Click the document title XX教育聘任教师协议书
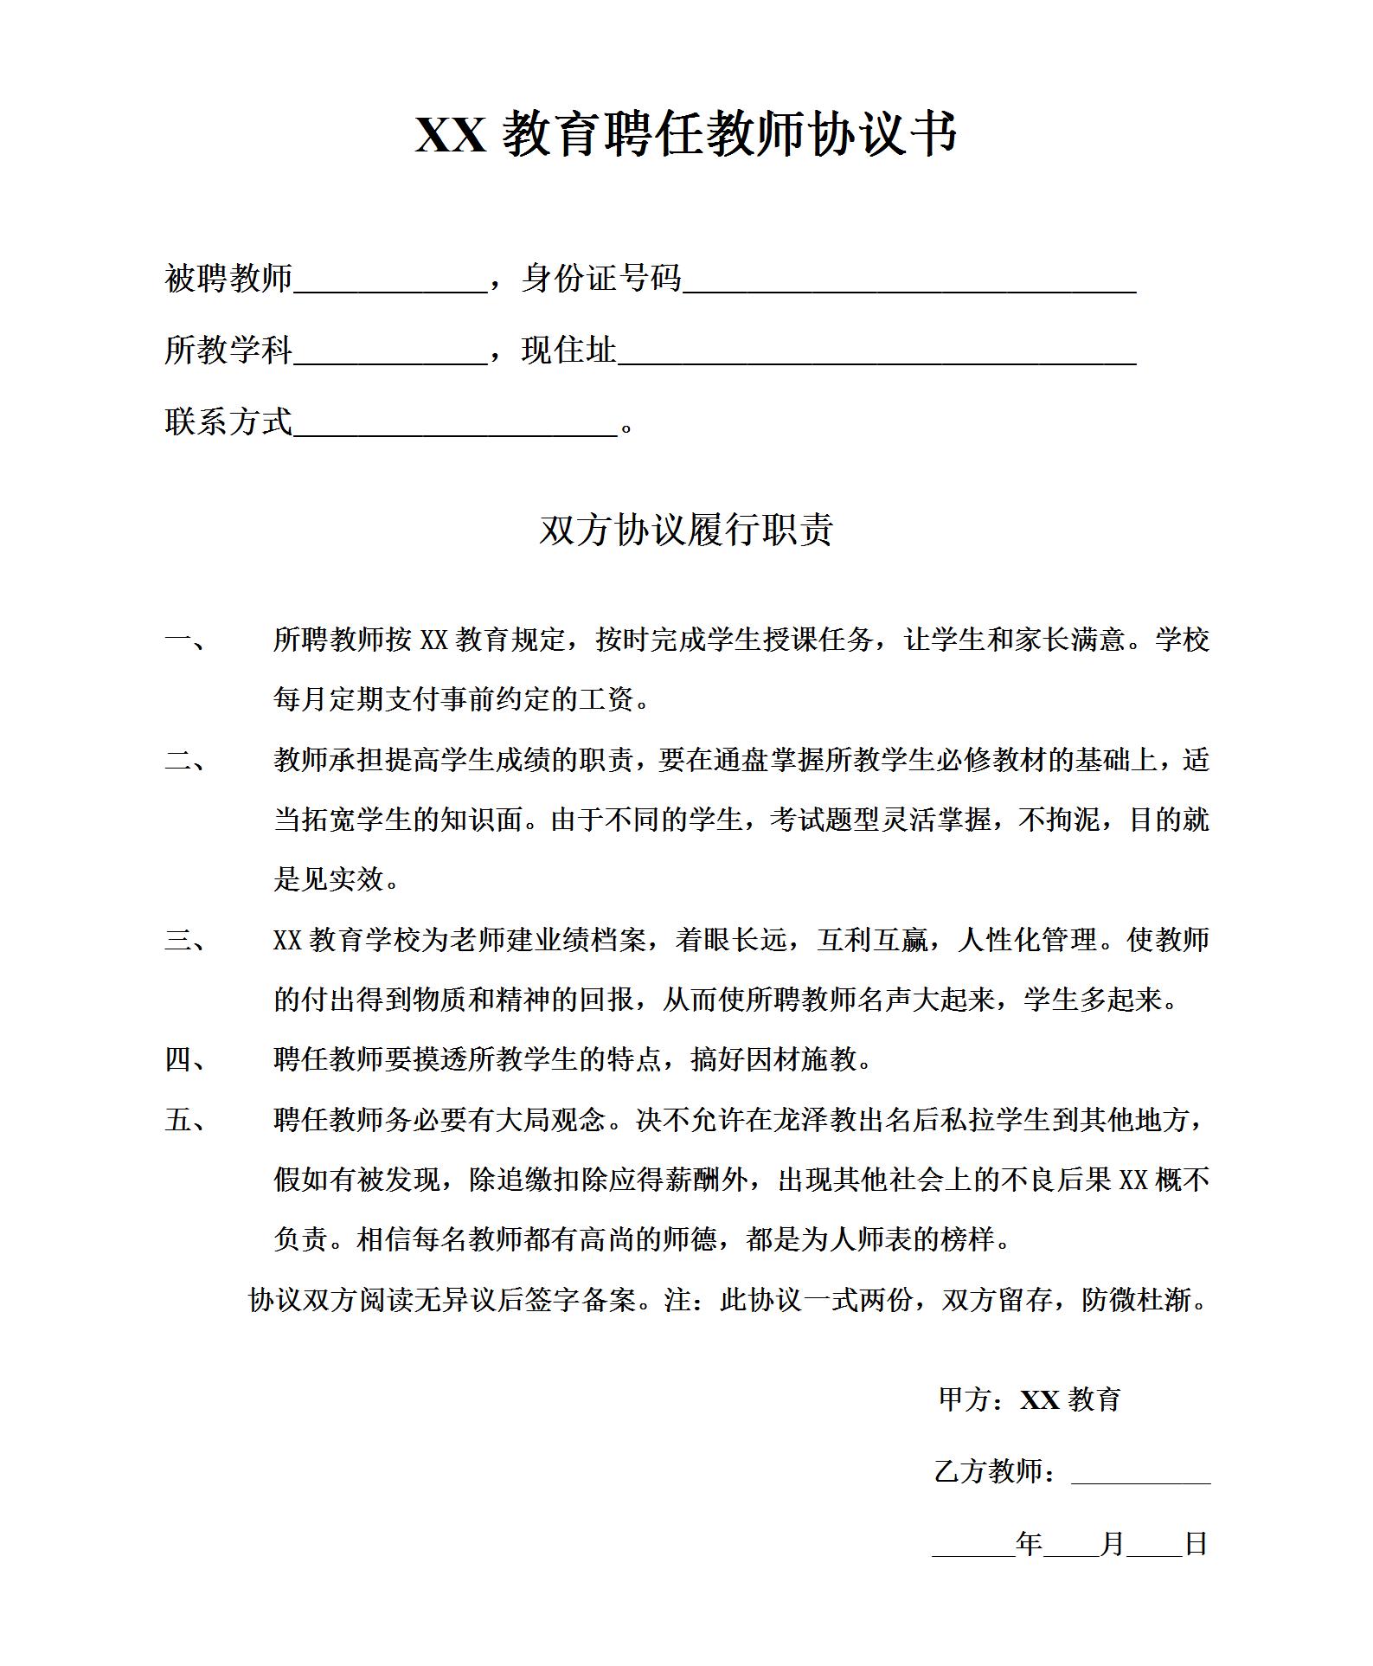686,134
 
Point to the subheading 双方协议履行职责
686,531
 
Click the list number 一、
185,641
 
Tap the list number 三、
185,941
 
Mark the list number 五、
185,1121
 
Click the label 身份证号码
601,279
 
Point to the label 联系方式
228,422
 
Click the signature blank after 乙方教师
1140,1474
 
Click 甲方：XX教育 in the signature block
1030,1400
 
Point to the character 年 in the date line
1029,1543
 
